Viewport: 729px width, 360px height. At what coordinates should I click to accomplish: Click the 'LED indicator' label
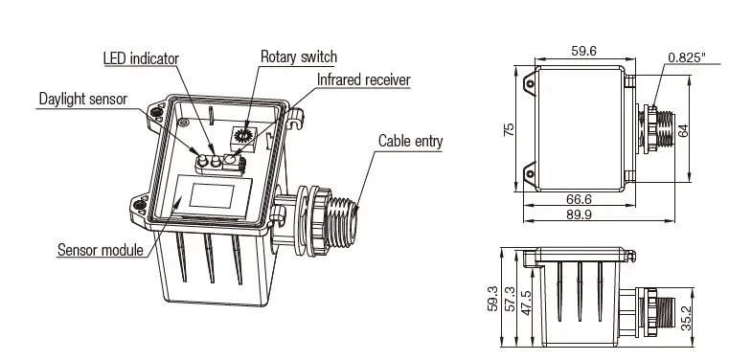[140, 59]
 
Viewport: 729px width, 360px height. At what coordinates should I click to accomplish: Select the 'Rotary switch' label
[299, 57]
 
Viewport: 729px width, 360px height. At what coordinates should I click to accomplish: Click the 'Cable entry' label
[410, 142]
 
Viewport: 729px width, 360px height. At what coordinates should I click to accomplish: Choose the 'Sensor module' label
[100, 251]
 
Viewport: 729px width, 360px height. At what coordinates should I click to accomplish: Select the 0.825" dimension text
[688, 58]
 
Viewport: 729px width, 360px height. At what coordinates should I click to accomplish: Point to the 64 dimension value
[682, 130]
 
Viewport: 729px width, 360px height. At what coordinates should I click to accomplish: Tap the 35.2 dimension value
[684, 318]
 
